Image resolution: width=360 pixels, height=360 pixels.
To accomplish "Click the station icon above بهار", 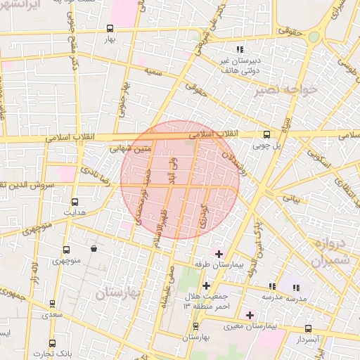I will (x=110, y=29).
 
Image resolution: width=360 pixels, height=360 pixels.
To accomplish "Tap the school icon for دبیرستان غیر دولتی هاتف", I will (x=240, y=50).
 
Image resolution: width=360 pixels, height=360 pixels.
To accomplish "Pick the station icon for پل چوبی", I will (x=266, y=134).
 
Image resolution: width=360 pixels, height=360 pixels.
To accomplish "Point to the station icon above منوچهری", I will (x=66, y=250).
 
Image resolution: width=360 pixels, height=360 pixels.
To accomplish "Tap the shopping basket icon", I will (x=94, y=249).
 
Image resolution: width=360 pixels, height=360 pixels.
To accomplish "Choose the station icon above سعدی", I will (x=53, y=304).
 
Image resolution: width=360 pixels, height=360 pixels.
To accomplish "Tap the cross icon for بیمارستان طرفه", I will (x=219, y=253).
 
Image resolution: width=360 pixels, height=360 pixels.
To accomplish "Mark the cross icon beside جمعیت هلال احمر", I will (x=205, y=285).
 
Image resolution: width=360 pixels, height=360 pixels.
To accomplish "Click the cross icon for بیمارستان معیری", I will (x=249, y=314).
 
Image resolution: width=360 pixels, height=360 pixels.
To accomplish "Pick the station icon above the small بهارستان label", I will (x=195, y=326).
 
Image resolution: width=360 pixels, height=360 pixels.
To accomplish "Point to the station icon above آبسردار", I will (x=308, y=328).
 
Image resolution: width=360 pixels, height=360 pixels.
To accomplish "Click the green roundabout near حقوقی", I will (x=314, y=37).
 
